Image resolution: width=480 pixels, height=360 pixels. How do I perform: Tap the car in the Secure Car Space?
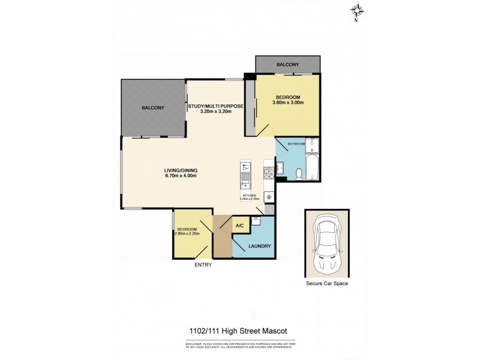(327, 242)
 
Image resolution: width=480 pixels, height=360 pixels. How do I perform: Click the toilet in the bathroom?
(299, 174)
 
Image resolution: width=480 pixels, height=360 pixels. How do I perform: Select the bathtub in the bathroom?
(313, 169)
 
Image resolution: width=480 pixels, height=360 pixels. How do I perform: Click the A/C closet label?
(239, 226)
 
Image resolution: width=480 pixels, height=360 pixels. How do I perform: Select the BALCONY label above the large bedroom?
(287, 64)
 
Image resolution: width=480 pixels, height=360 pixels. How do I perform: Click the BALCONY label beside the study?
(153, 108)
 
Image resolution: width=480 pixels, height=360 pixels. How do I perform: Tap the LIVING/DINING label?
(181, 170)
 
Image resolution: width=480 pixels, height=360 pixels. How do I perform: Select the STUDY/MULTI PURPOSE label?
(215, 106)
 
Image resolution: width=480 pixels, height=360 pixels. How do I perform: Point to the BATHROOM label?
(296, 144)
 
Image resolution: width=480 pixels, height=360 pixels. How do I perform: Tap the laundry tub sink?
(256, 221)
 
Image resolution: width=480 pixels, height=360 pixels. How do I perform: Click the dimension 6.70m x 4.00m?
(181, 176)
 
